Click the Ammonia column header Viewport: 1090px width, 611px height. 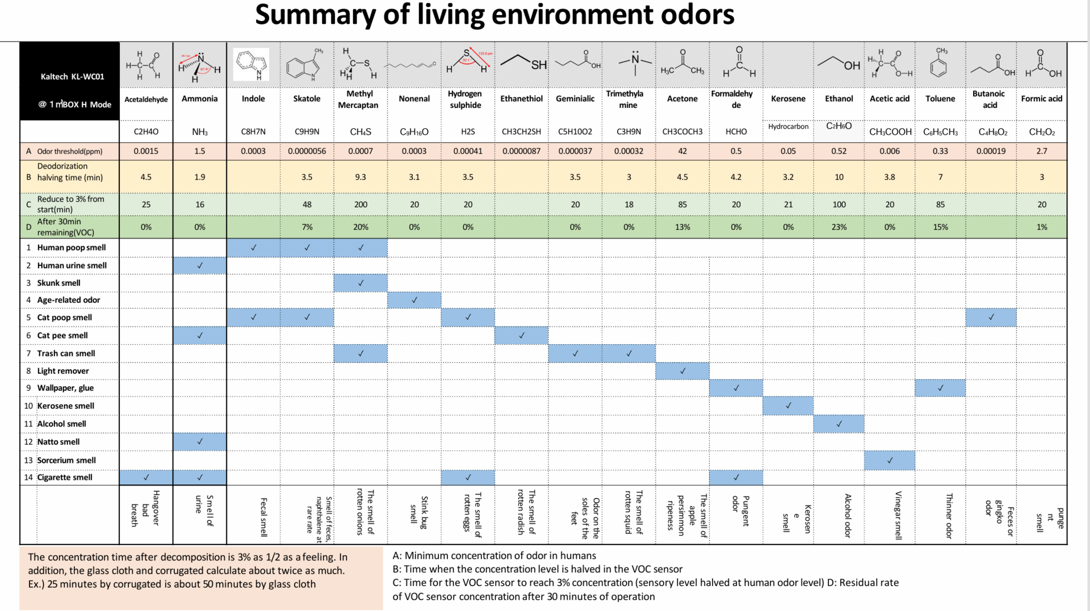tap(199, 99)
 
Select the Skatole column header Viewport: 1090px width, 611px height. tap(307, 99)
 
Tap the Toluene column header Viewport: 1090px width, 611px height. tap(940, 99)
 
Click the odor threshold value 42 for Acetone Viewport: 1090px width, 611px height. tap(682, 151)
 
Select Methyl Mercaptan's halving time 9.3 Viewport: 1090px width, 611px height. tap(360, 177)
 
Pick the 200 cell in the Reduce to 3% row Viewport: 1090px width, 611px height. tap(360, 204)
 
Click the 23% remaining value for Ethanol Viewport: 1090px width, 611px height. tap(839, 227)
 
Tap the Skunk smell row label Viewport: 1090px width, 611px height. tap(58, 283)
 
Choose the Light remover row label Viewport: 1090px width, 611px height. tap(63, 371)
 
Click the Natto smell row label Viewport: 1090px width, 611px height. tap(58, 442)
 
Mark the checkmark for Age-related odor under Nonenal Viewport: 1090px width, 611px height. tap(414, 300)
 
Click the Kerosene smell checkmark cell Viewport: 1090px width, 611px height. tap(788, 405)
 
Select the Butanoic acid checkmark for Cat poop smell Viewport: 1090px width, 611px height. tap(991, 317)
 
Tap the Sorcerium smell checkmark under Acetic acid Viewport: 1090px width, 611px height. tap(890, 461)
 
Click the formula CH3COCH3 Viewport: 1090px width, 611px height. tap(682, 132)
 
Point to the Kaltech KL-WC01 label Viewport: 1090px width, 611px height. tap(72, 77)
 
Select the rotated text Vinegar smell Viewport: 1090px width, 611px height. tap(898, 516)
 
